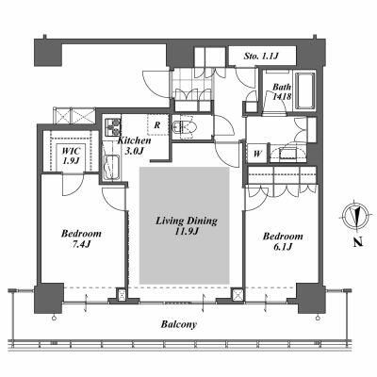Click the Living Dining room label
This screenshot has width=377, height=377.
coord(187,225)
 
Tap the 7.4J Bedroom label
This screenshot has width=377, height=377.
coord(81,238)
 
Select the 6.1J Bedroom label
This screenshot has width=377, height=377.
coord(283,241)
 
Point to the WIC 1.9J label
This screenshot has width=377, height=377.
coord(71,156)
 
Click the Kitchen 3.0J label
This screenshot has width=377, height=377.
coord(134,145)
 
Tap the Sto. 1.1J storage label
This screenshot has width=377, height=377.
coord(261,57)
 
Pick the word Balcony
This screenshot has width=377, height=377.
coord(179,324)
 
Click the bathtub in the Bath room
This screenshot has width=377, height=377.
coord(305,90)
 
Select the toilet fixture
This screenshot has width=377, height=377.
coord(185,127)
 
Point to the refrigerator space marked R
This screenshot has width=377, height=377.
coord(157,125)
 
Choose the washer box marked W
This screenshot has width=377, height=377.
coord(257,154)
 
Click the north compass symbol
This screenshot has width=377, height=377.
coord(355,217)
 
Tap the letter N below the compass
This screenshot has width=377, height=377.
coord(357,242)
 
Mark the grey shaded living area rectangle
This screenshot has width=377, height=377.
coord(185,225)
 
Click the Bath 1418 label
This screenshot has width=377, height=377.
coord(282,91)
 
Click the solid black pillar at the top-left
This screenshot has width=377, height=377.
coord(48,54)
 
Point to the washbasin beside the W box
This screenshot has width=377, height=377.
coord(287,154)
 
